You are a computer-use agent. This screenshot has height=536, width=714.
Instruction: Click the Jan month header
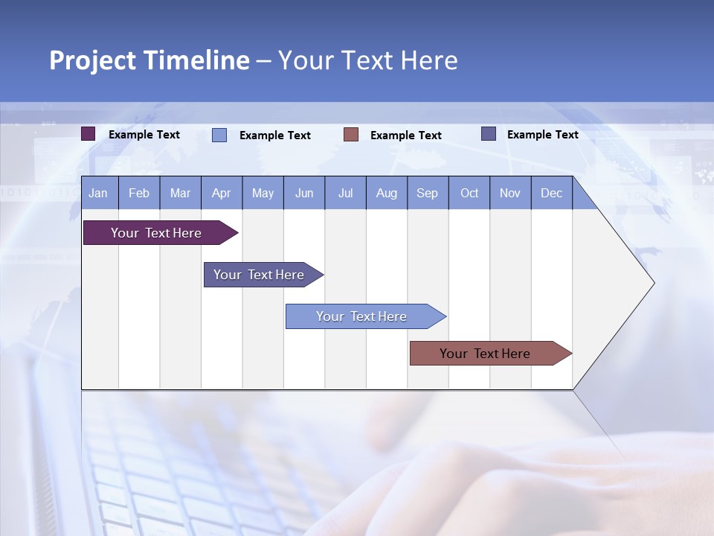click(98, 193)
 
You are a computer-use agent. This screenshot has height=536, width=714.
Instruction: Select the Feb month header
click(139, 193)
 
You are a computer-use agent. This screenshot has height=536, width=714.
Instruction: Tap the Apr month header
click(221, 193)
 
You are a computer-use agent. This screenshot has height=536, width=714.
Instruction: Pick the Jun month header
click(304, 193)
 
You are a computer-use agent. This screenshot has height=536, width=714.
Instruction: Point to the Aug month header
click(386, 193)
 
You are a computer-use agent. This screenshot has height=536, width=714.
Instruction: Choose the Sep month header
click(427, 193)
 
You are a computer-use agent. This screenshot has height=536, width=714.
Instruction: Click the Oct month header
click(469, 193)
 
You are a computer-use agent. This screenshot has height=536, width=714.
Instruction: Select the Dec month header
click(551, 193)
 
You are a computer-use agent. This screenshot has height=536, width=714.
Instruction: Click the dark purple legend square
click(89, 134)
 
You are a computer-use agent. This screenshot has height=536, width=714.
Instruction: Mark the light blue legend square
click(219, 135)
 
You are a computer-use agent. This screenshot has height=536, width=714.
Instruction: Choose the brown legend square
click(351, 135)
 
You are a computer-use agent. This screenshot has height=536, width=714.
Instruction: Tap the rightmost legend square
click(489, 134)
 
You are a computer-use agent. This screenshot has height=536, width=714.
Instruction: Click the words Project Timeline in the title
click(149, 60)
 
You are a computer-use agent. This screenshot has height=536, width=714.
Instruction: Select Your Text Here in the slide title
click(367, 60)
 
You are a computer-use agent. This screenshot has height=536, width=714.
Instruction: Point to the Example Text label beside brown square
click(405, 135)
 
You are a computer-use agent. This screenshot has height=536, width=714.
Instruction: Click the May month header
click(263, 193)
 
